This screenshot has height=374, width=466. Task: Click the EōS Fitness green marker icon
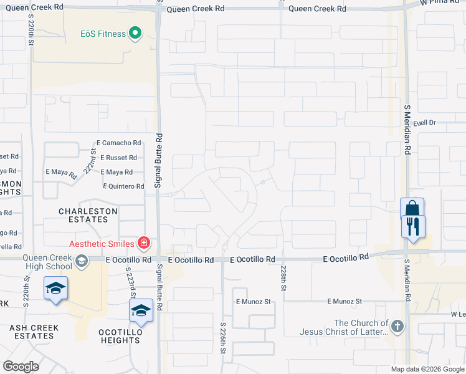135,34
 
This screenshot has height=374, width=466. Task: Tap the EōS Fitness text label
102,34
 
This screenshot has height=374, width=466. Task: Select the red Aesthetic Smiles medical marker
144,242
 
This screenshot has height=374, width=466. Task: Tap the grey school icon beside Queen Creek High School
82,261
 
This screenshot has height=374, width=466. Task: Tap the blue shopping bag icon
412,209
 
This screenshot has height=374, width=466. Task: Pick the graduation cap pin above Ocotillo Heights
141,311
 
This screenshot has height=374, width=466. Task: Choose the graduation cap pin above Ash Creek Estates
56,288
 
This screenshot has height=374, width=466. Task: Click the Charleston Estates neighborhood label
88,215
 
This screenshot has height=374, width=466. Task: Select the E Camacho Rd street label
118,143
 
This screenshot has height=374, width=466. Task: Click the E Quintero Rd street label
123,186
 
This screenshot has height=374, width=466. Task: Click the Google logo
21,366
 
